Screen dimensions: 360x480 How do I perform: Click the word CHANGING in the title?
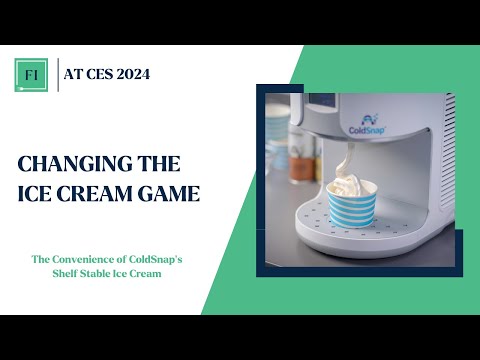click(x=67, y=162)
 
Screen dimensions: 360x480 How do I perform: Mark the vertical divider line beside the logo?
click(x=58, y=74)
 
